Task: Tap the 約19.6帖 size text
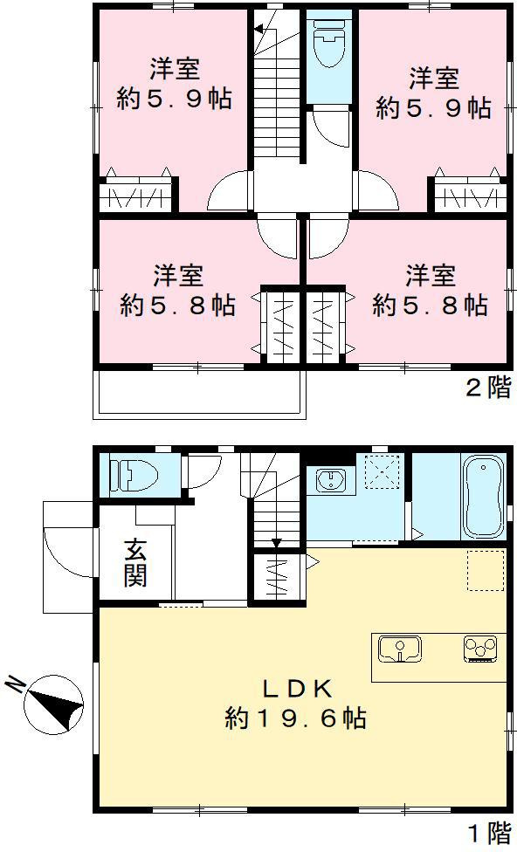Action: [x=295, y=718]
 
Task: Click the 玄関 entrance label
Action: [x=134, y=562]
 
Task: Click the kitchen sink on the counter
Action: [x=400, y=649]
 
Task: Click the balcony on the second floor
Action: [x=199, y=393]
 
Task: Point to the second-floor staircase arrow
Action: [x=259, y=31]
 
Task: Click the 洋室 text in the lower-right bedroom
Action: [x=430, y=277]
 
